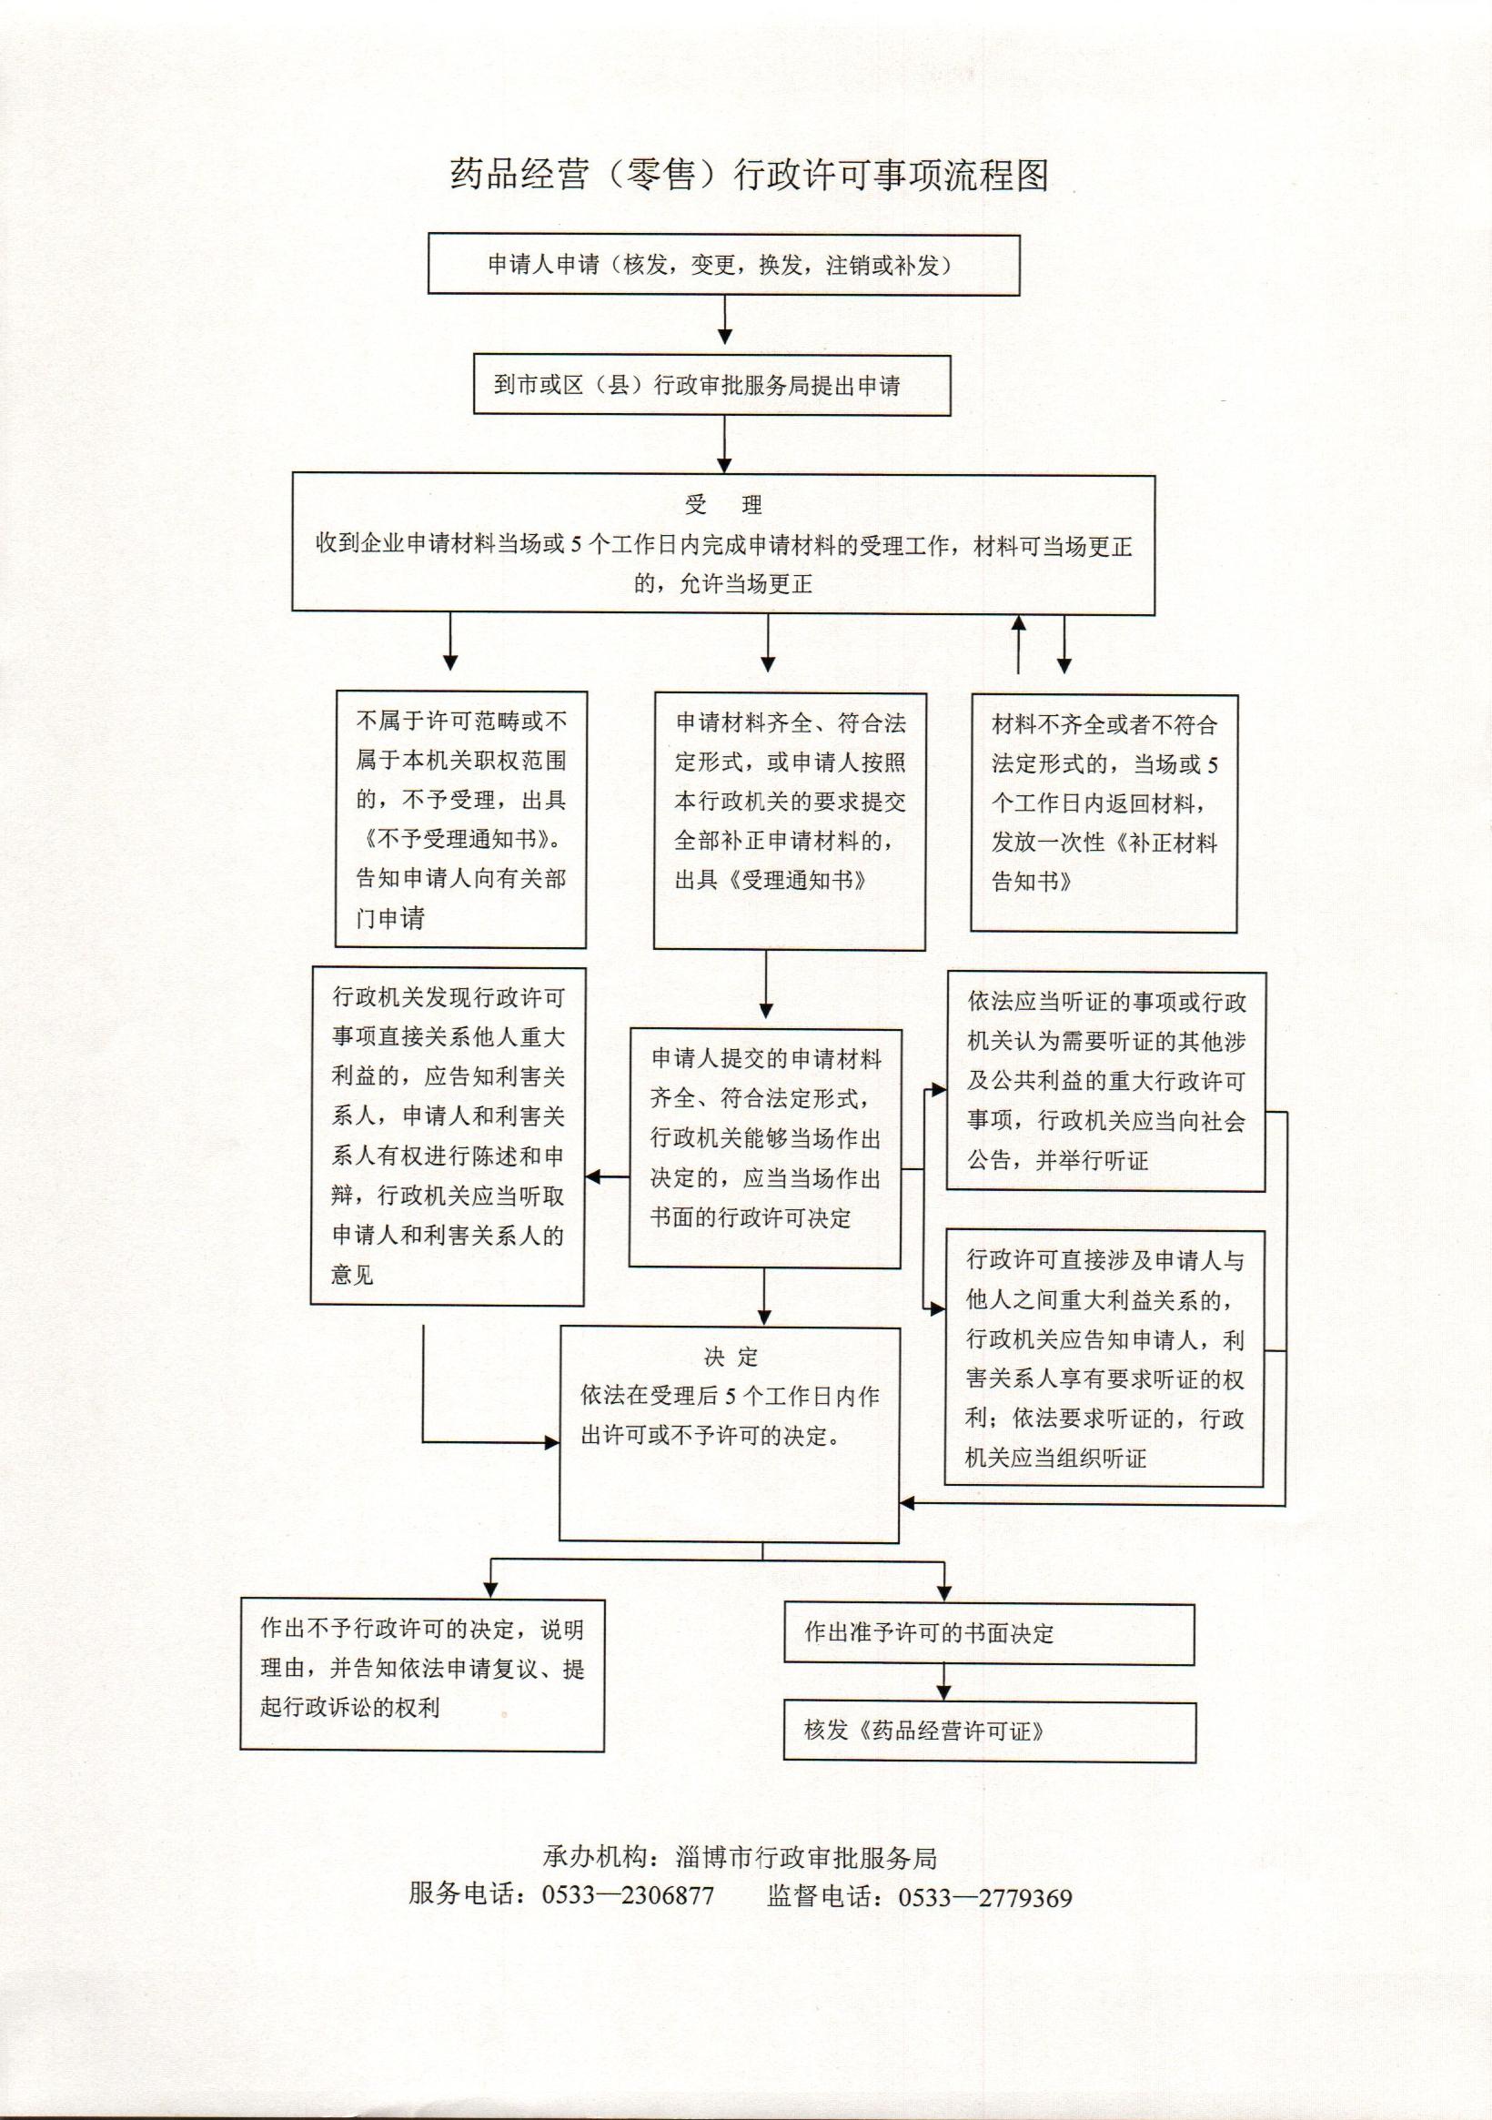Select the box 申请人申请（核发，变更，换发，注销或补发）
(723, 266)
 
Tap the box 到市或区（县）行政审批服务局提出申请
(711, 385)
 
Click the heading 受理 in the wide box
(723, 505)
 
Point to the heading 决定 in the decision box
(731, 1357)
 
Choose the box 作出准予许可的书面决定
(989, 1632)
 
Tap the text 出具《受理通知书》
(771, 880)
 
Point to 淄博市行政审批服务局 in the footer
(806, 1858)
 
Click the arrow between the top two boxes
(725, 322)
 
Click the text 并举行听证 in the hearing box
(1092, 1161)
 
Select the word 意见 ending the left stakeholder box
(353, 1275)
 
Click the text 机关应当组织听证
(1055, 1458)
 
